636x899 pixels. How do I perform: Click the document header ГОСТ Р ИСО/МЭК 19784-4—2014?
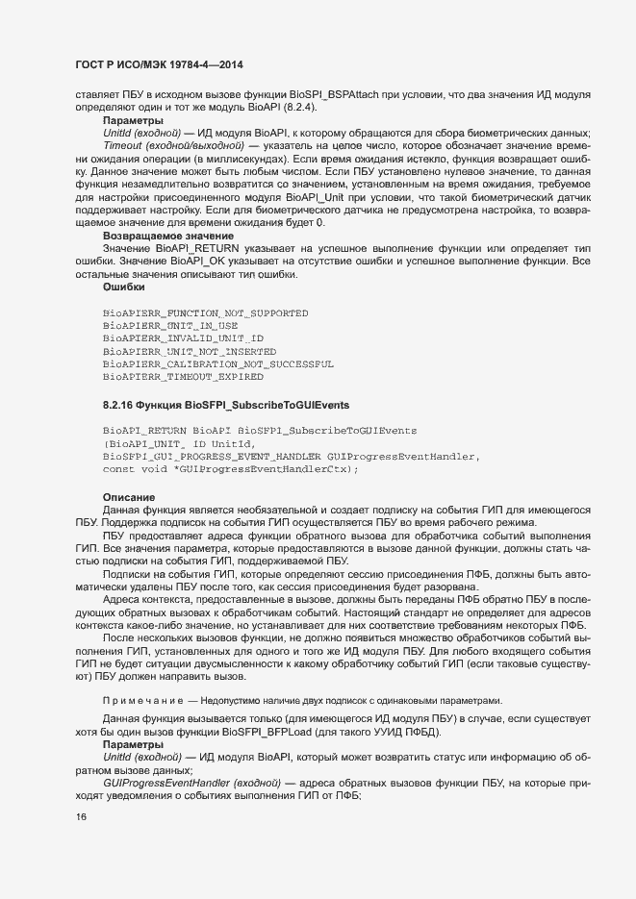click(159, 64)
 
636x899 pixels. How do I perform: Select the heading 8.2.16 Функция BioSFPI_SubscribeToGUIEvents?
click(213, 404)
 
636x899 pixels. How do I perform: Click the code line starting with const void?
click(231, 468)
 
